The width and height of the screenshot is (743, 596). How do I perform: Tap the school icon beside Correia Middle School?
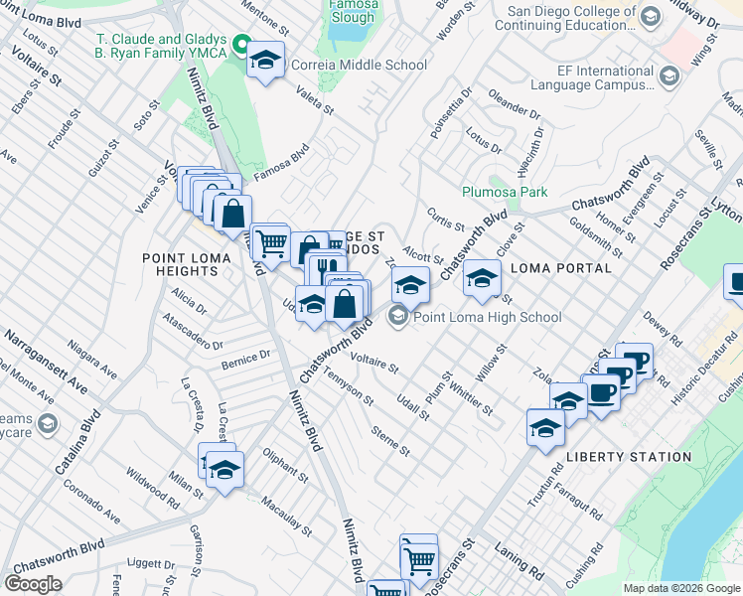[265, 62]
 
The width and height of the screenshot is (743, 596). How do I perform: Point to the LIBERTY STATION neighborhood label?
[628, 457]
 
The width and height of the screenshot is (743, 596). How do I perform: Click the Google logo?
[33, 583]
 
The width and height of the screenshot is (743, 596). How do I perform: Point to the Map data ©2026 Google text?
[681, 588]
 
